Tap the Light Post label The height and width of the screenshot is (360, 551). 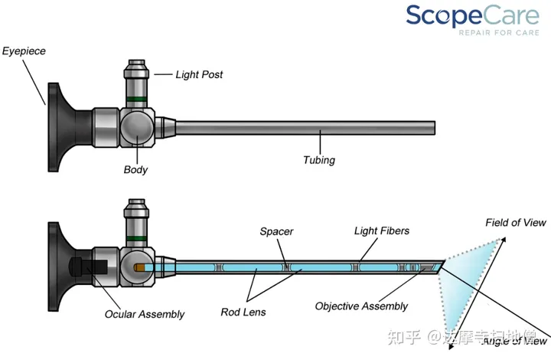pyautogui.click(x=200, y=74)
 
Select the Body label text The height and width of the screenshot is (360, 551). pyautogui.click(x=135, y=169)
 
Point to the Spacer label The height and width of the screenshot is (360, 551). pyautogui.click(x=276, y=231)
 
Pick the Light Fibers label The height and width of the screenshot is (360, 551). pyautogui.click(x=381, y=231)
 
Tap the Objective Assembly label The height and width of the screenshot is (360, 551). pyautogui.click(x=361, y=306)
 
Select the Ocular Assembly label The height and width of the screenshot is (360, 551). pyautogui.click(x=145, y=314)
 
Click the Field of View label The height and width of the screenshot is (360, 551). pyautogui.click(x=516, y=223)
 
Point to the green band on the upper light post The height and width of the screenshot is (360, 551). pyautogui.click(x=138, y=99)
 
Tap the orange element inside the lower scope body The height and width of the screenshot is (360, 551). pyautogui.click(x=141, y=268)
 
